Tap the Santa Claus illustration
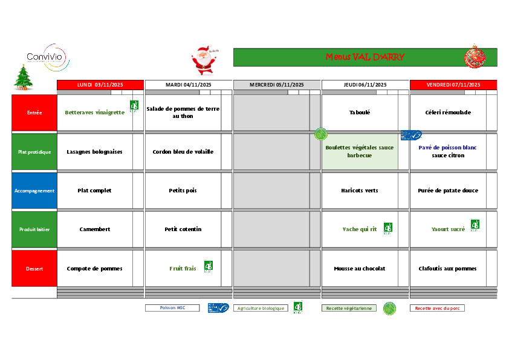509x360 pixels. click(204, 61)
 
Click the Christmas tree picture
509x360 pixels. click(24, 77)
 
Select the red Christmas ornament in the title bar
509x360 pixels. click(474, 57)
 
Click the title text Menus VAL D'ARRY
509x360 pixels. click(365, 57)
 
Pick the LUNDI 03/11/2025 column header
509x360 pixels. click(100, 85)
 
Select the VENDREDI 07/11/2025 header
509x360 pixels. click(453, 85)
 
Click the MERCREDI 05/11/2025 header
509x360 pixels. click(277, 85)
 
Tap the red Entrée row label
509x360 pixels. click(34, 113)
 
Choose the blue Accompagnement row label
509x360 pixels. click(34, 191)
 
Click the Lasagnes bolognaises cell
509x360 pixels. click(94, 152)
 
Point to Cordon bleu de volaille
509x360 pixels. click(183, 152)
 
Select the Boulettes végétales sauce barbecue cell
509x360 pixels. click(360, 151)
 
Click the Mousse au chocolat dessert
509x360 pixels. click(360, 269)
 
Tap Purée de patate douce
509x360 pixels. click(448, 191)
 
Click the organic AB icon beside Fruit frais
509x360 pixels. click(209, 266)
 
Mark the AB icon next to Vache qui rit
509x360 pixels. click(387, 227)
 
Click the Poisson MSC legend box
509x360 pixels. click(172, 308)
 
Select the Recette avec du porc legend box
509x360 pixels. click(437, 308)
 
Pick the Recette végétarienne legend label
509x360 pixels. click(349, 308)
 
